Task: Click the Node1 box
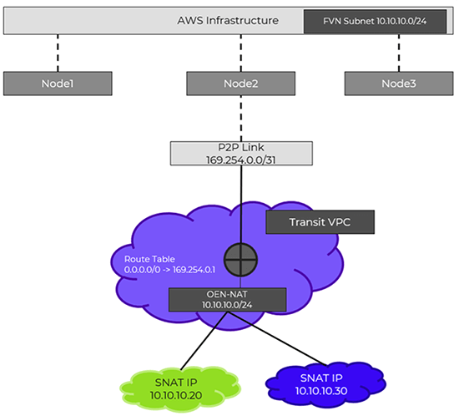[x=57, y=84]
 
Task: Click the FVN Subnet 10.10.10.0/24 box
[x=377, y=21]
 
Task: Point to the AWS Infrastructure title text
[x=228, y=20]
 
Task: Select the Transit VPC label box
[x=319, y=223]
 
